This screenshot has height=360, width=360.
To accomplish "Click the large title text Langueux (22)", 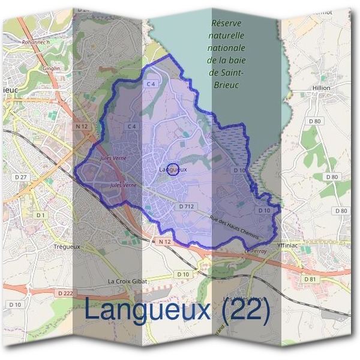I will click(x=177, y=310).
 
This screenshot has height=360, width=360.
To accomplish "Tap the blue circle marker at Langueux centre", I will click(x=172, y=170).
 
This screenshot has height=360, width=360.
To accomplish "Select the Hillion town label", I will click(x=322, y=88).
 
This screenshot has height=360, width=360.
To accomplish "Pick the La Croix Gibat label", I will click(x=127, y=281).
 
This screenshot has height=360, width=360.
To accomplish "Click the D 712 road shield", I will click(x=186, y=206).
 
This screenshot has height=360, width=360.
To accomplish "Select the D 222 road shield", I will click(x=68, y=293).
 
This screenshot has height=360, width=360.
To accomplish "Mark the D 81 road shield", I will click(x=310, y=279).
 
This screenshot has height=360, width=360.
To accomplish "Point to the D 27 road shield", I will click(x=22, y=178).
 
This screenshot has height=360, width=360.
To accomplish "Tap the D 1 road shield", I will click(x=40, y=215).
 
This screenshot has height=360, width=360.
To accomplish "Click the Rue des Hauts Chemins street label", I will click(x=234, y=229).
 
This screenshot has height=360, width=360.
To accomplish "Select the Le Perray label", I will click(x=255, y=251).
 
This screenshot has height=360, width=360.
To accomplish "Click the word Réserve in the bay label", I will click(x=226, y=23).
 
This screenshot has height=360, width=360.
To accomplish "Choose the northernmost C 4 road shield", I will click(x=151, y=85).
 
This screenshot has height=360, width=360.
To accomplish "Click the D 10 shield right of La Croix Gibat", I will click(x=183, y=275).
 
